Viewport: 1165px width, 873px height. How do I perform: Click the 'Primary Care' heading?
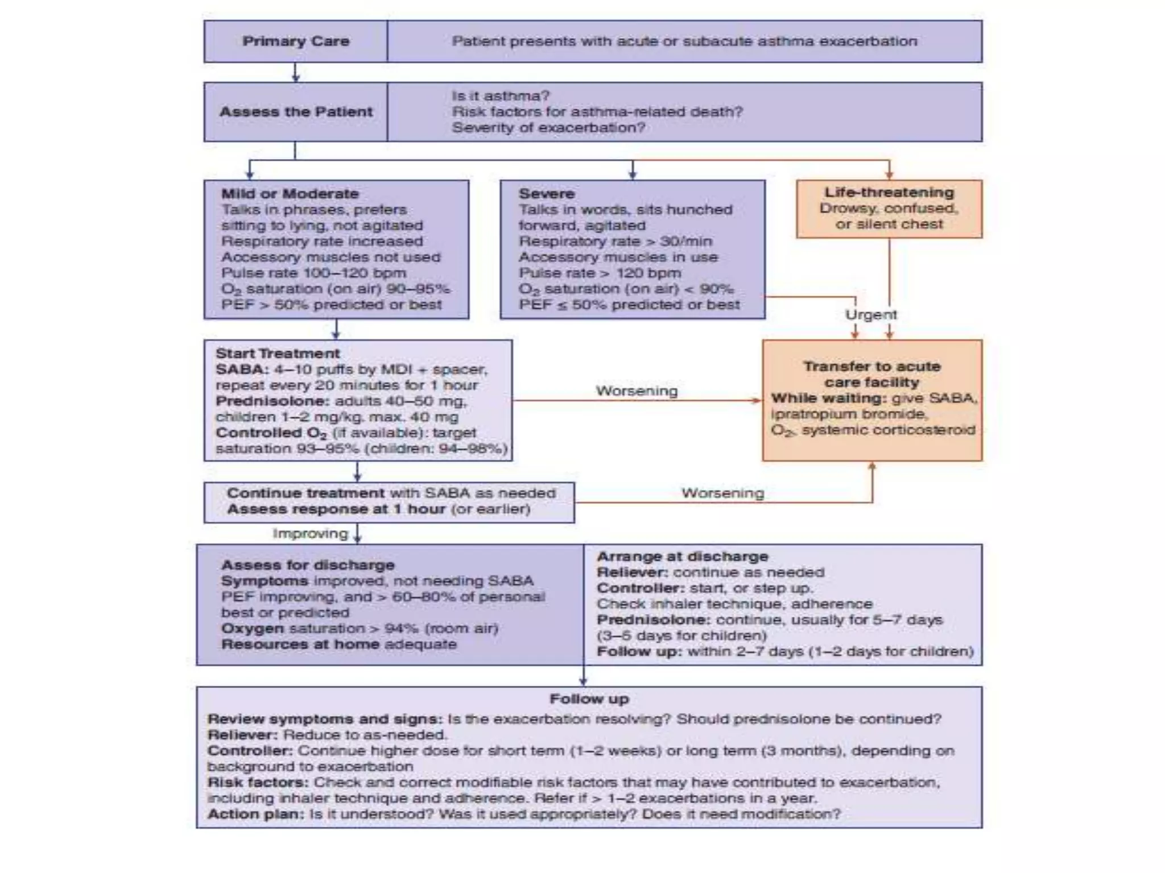click(296, 41)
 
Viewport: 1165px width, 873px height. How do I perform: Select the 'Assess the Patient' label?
click(296, 112)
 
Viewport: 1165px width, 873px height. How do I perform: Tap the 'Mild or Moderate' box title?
click(290, 194)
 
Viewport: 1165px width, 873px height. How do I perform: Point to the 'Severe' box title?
click(546, 194)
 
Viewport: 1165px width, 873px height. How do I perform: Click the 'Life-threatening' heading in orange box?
click(889, 193)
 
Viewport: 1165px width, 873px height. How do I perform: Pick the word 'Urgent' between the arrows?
click(871, 315)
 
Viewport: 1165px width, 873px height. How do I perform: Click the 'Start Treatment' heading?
click(278, 354)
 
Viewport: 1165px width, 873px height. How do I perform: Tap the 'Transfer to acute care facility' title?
click(871, 375)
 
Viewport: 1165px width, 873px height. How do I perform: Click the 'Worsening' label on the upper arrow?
click(637, 391)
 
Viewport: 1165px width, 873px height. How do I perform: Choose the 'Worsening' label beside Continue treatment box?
click(722, 493)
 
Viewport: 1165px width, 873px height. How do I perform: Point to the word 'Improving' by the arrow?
click(310, 534)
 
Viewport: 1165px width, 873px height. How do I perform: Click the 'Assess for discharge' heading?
click(308, 566)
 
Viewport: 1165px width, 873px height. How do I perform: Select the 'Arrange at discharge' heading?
click(682, 557)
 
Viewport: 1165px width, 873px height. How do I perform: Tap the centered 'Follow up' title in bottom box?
click(589, 699)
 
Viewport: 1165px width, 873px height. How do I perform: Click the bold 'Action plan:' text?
click(256, 814)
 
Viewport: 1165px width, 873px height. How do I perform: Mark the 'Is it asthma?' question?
click(501, 96)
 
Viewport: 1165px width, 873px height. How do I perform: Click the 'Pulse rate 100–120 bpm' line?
click(313, 273)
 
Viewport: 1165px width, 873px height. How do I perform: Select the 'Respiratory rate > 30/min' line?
click(615, 242)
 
